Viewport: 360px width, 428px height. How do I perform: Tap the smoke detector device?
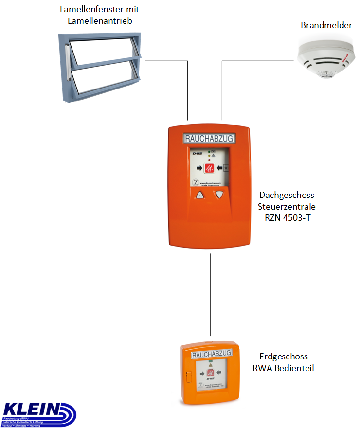324,61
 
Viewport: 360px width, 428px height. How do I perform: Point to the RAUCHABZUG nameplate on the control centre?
208,139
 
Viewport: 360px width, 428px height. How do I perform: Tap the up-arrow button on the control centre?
199,196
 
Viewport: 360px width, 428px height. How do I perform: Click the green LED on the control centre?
208,152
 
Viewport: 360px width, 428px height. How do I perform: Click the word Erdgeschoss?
283,357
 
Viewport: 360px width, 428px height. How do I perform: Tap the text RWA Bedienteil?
283,368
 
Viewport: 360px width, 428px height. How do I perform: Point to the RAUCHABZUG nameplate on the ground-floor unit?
211,356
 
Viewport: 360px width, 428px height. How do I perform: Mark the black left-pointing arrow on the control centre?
219,168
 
